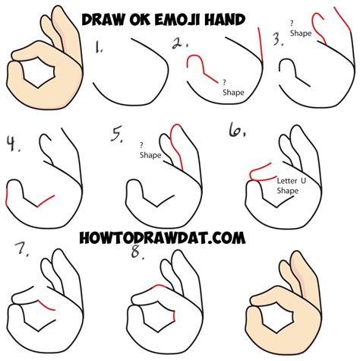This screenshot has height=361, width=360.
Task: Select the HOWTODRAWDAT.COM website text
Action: tap(163, 238)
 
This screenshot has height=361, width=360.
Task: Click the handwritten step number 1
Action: tap(99, 47)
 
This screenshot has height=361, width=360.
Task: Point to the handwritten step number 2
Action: tap(180, 43)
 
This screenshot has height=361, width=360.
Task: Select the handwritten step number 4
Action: tap(13, 144)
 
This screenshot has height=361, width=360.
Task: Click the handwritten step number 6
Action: tap(237, 130)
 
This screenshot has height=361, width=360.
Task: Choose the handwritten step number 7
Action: tap(21, 249)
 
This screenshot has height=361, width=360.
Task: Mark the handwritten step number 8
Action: tap(137, 252)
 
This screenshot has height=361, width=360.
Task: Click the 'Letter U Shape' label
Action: tap(291, 185)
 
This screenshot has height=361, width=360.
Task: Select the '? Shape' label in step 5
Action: tap(150, 150)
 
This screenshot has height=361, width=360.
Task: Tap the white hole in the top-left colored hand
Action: tap(37, 71)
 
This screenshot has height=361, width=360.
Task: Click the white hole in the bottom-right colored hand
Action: tap(276, 317)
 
